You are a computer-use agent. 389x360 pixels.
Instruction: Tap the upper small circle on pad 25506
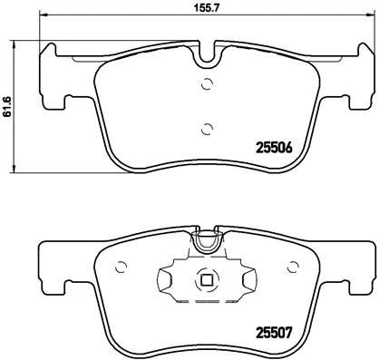click(207, 85)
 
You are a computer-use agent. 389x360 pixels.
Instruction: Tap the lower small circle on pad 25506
click(207, 127)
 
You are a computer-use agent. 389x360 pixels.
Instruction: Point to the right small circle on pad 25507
click(293, 267)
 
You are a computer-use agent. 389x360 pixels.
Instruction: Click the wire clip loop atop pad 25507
click(208, 242)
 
